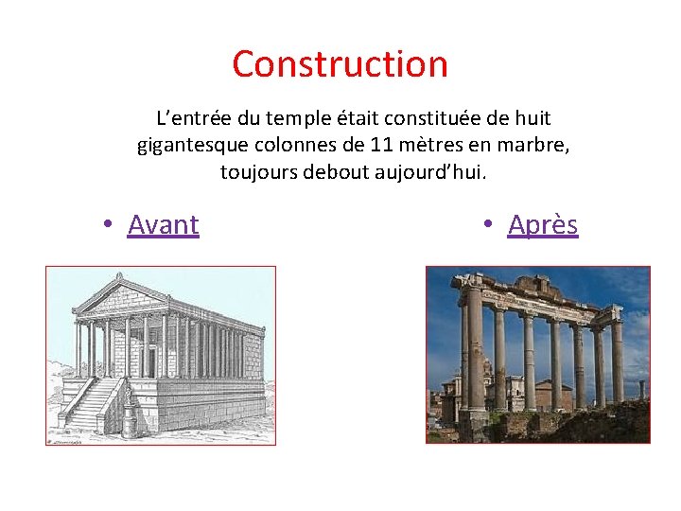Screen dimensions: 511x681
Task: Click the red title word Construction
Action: click(x=340, y=64)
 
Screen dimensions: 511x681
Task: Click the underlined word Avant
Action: click(x=163, y=225)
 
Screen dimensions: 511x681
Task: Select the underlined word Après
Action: click(x=542, y=225)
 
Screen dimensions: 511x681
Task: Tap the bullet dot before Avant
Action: click(x=110, y=225)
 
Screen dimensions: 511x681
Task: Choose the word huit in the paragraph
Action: click(x=533, y=119)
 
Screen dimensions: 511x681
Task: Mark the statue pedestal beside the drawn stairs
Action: click(x=130, y=416)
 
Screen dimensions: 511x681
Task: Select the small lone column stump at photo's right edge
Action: click(x=641, y=389)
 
